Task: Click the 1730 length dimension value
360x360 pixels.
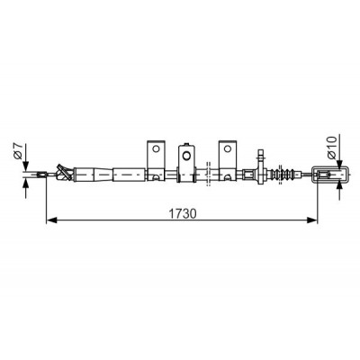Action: click(x=183, y=213)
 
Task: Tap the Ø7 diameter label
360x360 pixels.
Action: click(x=19, y=151)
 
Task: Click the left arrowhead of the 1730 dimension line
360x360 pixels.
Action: click(x=51, y=220)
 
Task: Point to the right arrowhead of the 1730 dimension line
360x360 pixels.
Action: click(x=311, y=220)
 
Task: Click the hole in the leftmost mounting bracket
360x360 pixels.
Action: click(x=156, y=148)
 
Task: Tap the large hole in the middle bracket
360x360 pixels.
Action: click(x=186, y=156)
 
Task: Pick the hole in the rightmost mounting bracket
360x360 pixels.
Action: click(x=228, y=148)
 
